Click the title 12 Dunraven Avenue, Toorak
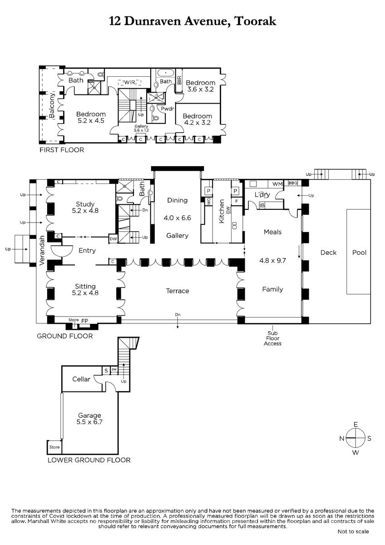[x=192, y=21]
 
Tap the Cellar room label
[x=81, y=379]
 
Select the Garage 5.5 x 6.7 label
[x=89, y=418]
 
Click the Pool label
[x=359, y=253]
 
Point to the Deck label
[x=328, y=253]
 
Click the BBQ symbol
[x=293, y=183]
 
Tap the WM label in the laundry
[x=277, y=184]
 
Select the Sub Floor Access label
[x=273, y=338]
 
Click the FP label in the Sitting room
[x=84, y=321]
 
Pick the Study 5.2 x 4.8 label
[x=85, y=207]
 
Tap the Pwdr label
[x=168, y=109]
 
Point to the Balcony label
[x=52, y=105]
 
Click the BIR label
[x=179, y=80]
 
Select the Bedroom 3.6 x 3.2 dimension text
[x=200, y=89]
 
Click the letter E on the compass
[x=355, y=425]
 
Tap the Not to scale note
[x=353, y=532]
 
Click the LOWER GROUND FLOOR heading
[x=89, y=460]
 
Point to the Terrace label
[x=178, y=291]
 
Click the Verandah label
[x=42, y=250]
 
